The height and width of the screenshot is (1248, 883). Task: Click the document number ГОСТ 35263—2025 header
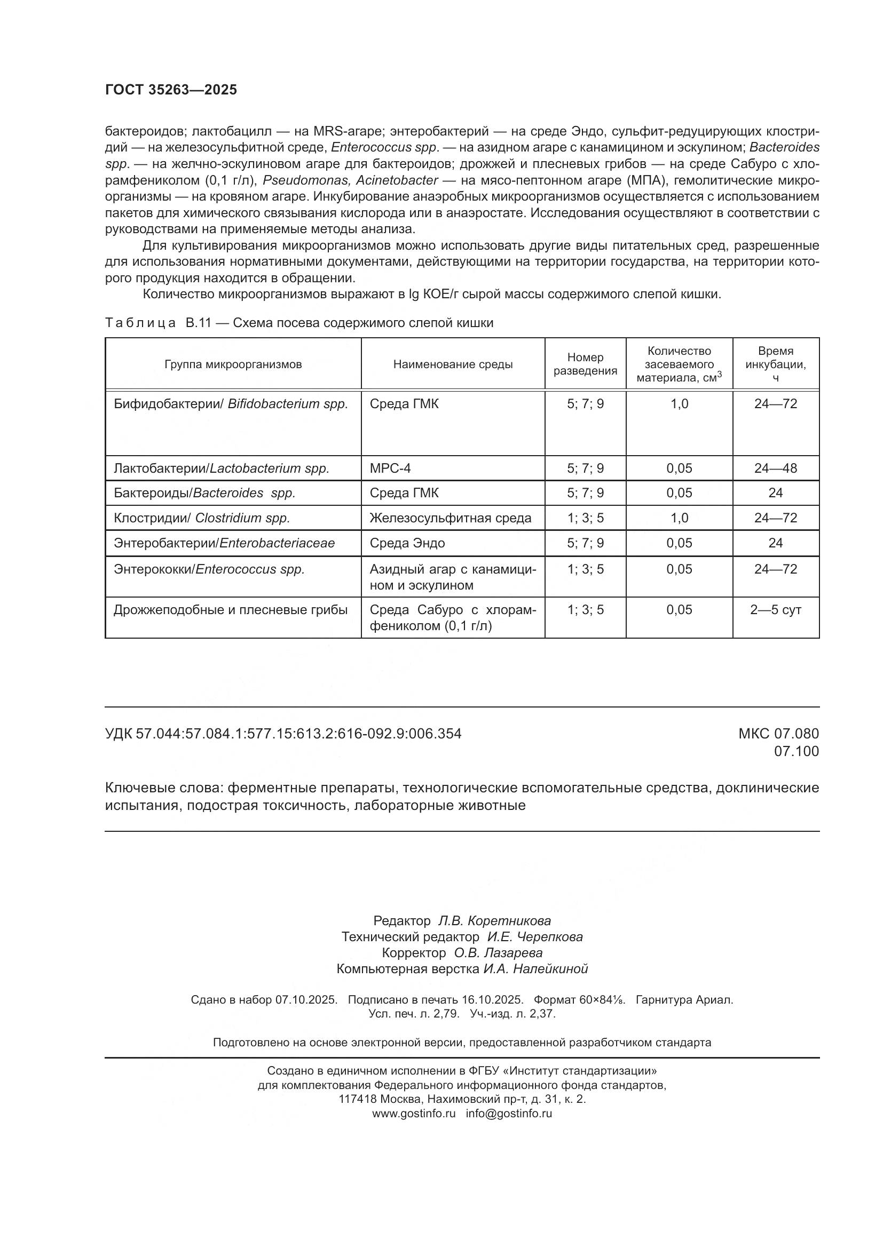coord(171,90)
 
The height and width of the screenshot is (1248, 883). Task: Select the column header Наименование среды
coord(452,364)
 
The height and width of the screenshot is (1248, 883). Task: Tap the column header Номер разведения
coord(585,364)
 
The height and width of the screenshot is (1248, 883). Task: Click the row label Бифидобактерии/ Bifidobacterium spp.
coord(231,404)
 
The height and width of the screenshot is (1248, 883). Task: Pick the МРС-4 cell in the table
coord(390,468)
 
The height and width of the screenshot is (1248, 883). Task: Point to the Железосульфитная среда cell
coord(450,518)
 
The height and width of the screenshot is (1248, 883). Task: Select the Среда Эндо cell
coord(407,543)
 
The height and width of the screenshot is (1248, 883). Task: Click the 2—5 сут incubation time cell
coord(775,610)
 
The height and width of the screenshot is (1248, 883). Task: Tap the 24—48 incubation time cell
coord(775,468)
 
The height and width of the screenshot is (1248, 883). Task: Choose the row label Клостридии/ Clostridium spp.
coord(202,518)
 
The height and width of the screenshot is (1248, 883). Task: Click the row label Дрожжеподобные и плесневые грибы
coord(231,610)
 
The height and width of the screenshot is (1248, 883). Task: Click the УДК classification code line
coord(283,734)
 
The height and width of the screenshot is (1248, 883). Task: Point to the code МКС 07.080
coord(778,734)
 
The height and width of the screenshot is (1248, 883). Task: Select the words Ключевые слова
coord(164,788)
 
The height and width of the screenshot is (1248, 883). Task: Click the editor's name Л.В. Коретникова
coord(494,921)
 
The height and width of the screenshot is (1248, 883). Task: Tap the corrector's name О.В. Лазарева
coord(498,953)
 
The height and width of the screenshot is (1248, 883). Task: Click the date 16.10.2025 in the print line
coord(492,999)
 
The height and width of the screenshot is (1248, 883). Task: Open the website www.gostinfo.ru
coord(413,1113)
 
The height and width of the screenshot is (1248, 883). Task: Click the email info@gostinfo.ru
coord(508,1113)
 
